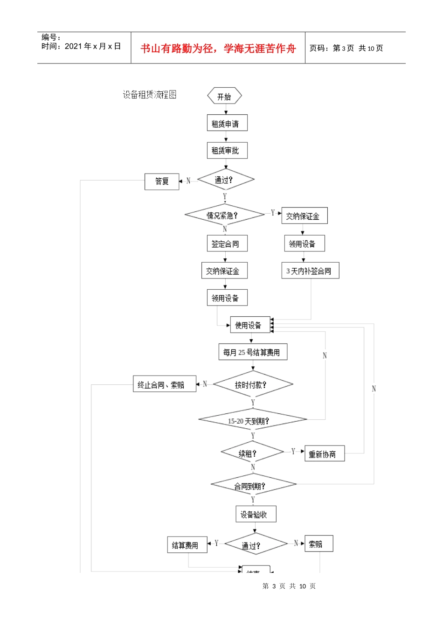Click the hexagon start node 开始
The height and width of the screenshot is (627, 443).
pyautogui.click(x=224, y=97)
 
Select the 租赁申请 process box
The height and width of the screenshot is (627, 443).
pyautogui.click(x=227, y=124)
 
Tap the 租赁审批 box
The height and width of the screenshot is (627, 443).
pyautogui.click(x=227, y=151)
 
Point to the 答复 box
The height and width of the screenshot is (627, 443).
pyautogui.click(x=162, y=181)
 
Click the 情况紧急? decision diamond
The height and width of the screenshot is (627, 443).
pyautogui.click(x=224, y=215)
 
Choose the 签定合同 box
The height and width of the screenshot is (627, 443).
pyautogui.click(x=227, y=244)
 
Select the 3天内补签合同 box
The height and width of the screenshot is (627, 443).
pyautogui.click(x=310, y=271)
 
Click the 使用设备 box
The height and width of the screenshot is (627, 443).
pyautogui.click(x=250, y=325)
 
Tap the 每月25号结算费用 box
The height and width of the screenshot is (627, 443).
pyautogui.click(x=253, y=352)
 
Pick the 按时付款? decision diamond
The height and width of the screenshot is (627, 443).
pyautogui.click(x=252, y=385)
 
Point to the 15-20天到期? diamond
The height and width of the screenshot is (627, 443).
pyautogui.click(x=252, y=420)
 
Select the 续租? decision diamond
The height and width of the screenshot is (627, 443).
pyautogui.click(x=252, y=453)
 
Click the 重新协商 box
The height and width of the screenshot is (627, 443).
pyautogui.click(x=324, y=454)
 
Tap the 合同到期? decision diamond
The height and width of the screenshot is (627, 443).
pyautogui.click(x=253, y=485)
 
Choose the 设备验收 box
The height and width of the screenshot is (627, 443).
pyautogui.click(x=256, y=515)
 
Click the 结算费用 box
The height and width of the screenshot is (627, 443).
pyautogui.click(x=187, y=545)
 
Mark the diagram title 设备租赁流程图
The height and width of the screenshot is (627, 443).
pyautogui.click(x=150, y=95)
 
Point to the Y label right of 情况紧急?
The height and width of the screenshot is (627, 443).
pyautogui.click(x=273, y=213)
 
